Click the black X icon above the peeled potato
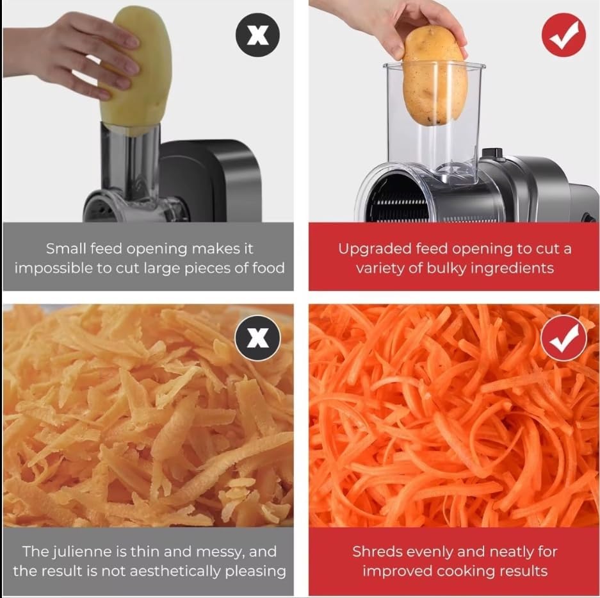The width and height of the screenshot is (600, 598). [257, 34]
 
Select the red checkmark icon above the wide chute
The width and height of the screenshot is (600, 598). [564, 34]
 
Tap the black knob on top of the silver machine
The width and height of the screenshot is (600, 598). [491, 153]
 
